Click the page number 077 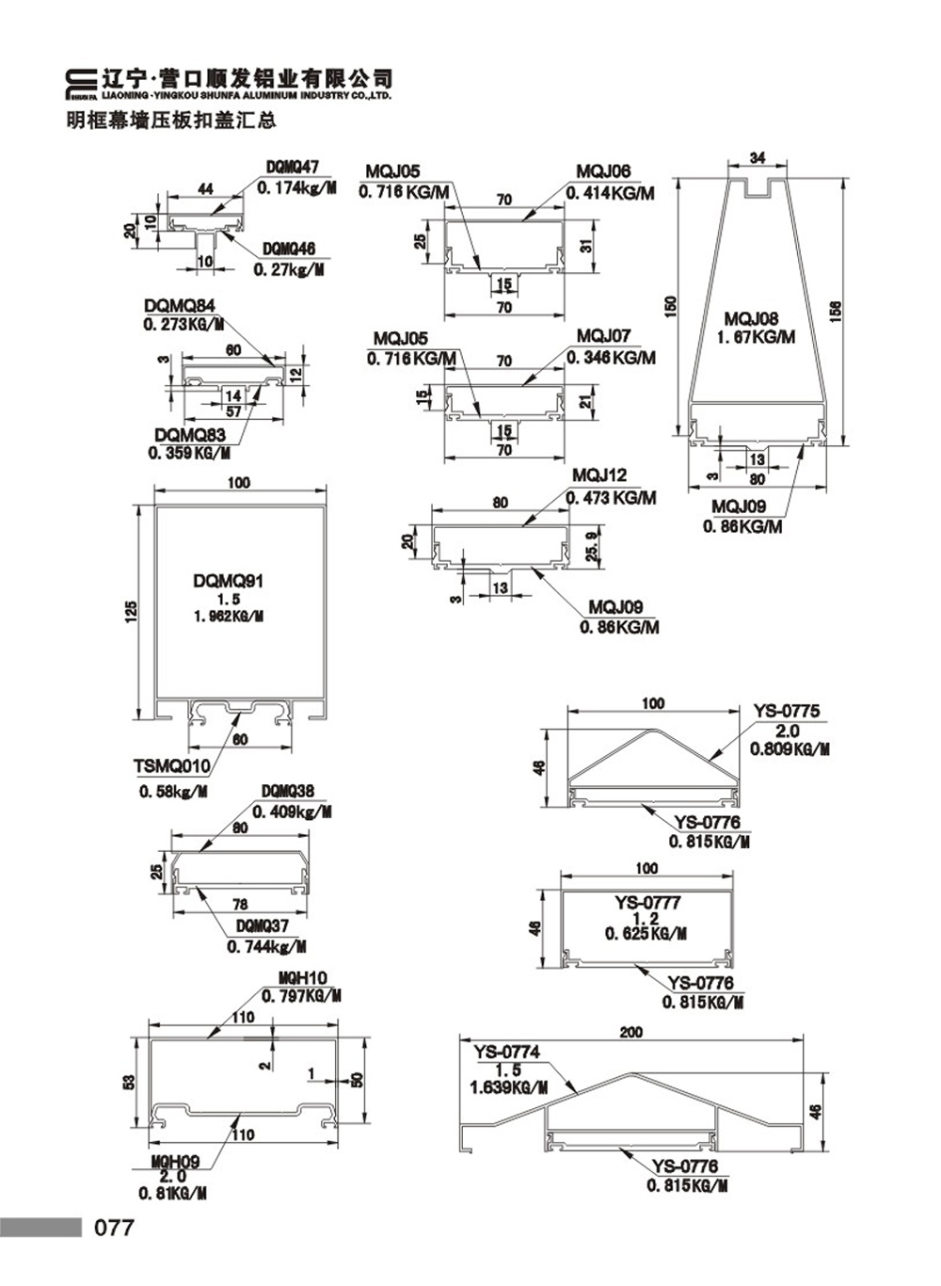[114, 1228]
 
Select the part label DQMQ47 [293, 168]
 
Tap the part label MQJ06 [603, 171]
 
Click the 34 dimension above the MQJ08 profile [758, 157]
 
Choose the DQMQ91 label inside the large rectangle [229, 581]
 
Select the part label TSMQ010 [172, 765]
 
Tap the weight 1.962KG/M [229, 618]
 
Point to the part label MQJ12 [599, 475]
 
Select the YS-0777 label [647, 903]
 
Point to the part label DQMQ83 [190, 435]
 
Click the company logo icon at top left [81, 85]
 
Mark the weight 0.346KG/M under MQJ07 [611, 358]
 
